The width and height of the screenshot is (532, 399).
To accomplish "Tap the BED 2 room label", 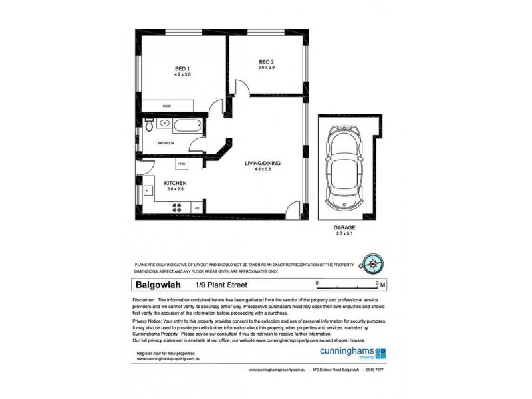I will point(267,63).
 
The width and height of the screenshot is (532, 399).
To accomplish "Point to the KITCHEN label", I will point(175,183).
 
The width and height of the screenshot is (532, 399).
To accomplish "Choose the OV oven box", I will point(197,208).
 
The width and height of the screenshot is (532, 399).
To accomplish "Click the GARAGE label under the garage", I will point(344,227).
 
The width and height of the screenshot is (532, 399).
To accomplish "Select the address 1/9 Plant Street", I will point(221,285).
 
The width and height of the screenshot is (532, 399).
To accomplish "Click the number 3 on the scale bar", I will point(378,283).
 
